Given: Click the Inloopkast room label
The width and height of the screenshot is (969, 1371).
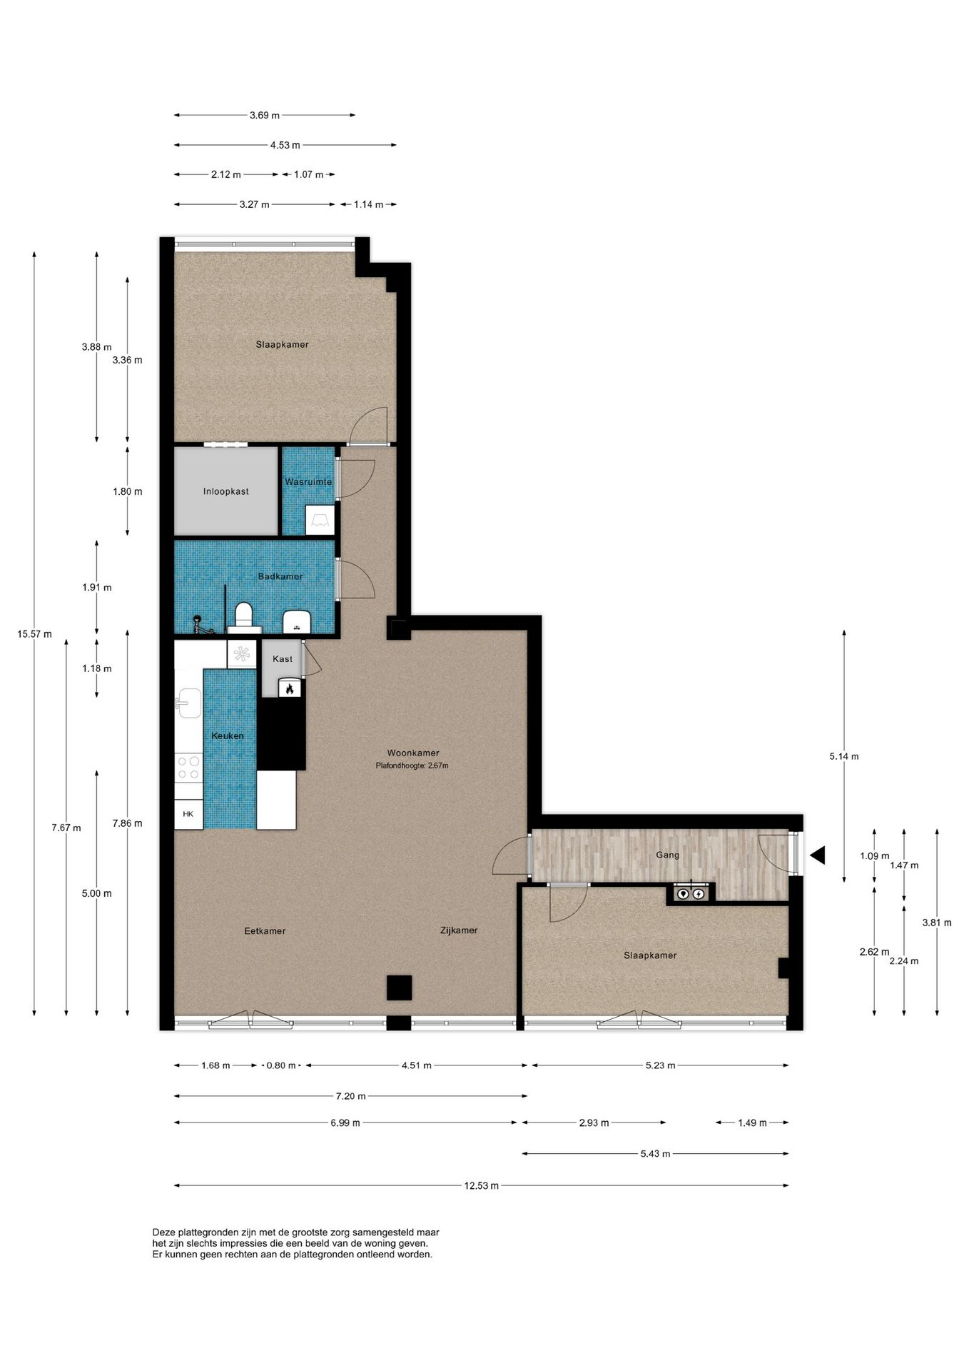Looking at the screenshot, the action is [x=225, y=491].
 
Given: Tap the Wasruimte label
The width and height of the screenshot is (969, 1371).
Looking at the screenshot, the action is [x=308, y=482].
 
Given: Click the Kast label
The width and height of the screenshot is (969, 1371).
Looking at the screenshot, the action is [x=283, y=659].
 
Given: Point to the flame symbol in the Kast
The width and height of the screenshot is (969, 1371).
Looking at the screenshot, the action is [x=290, y=688].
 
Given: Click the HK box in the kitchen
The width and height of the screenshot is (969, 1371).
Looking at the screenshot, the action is [x=188, y=814].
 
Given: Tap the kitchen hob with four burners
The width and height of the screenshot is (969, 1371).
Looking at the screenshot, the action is [x=188, y=768].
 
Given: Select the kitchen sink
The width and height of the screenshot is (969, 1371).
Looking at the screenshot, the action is [x=188, y=703].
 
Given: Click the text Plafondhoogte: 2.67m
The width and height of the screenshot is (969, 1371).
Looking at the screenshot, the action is [x=412, y=765].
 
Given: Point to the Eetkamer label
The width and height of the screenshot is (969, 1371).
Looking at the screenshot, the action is [x=265, y=930].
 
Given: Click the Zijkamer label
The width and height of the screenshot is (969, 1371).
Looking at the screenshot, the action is [x=459, y=930].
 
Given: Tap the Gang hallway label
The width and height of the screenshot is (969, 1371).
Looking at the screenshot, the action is [x=667, y=855].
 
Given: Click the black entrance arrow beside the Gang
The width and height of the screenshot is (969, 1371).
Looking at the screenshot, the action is [x=818, y=855].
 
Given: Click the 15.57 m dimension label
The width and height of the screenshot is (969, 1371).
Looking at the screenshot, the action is [x=34, y=633].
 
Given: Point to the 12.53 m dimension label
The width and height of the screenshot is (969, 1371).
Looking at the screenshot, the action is [x=481, y=1185].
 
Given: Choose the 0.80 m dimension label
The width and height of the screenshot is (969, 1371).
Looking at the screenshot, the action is [x=280, y=1065].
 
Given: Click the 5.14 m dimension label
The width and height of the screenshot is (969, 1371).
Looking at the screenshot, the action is [x=844, y=756].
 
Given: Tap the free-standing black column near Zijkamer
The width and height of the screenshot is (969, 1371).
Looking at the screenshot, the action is [x=399, y=988].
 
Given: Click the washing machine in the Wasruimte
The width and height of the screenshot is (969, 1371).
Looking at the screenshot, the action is [x=319, y=521].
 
